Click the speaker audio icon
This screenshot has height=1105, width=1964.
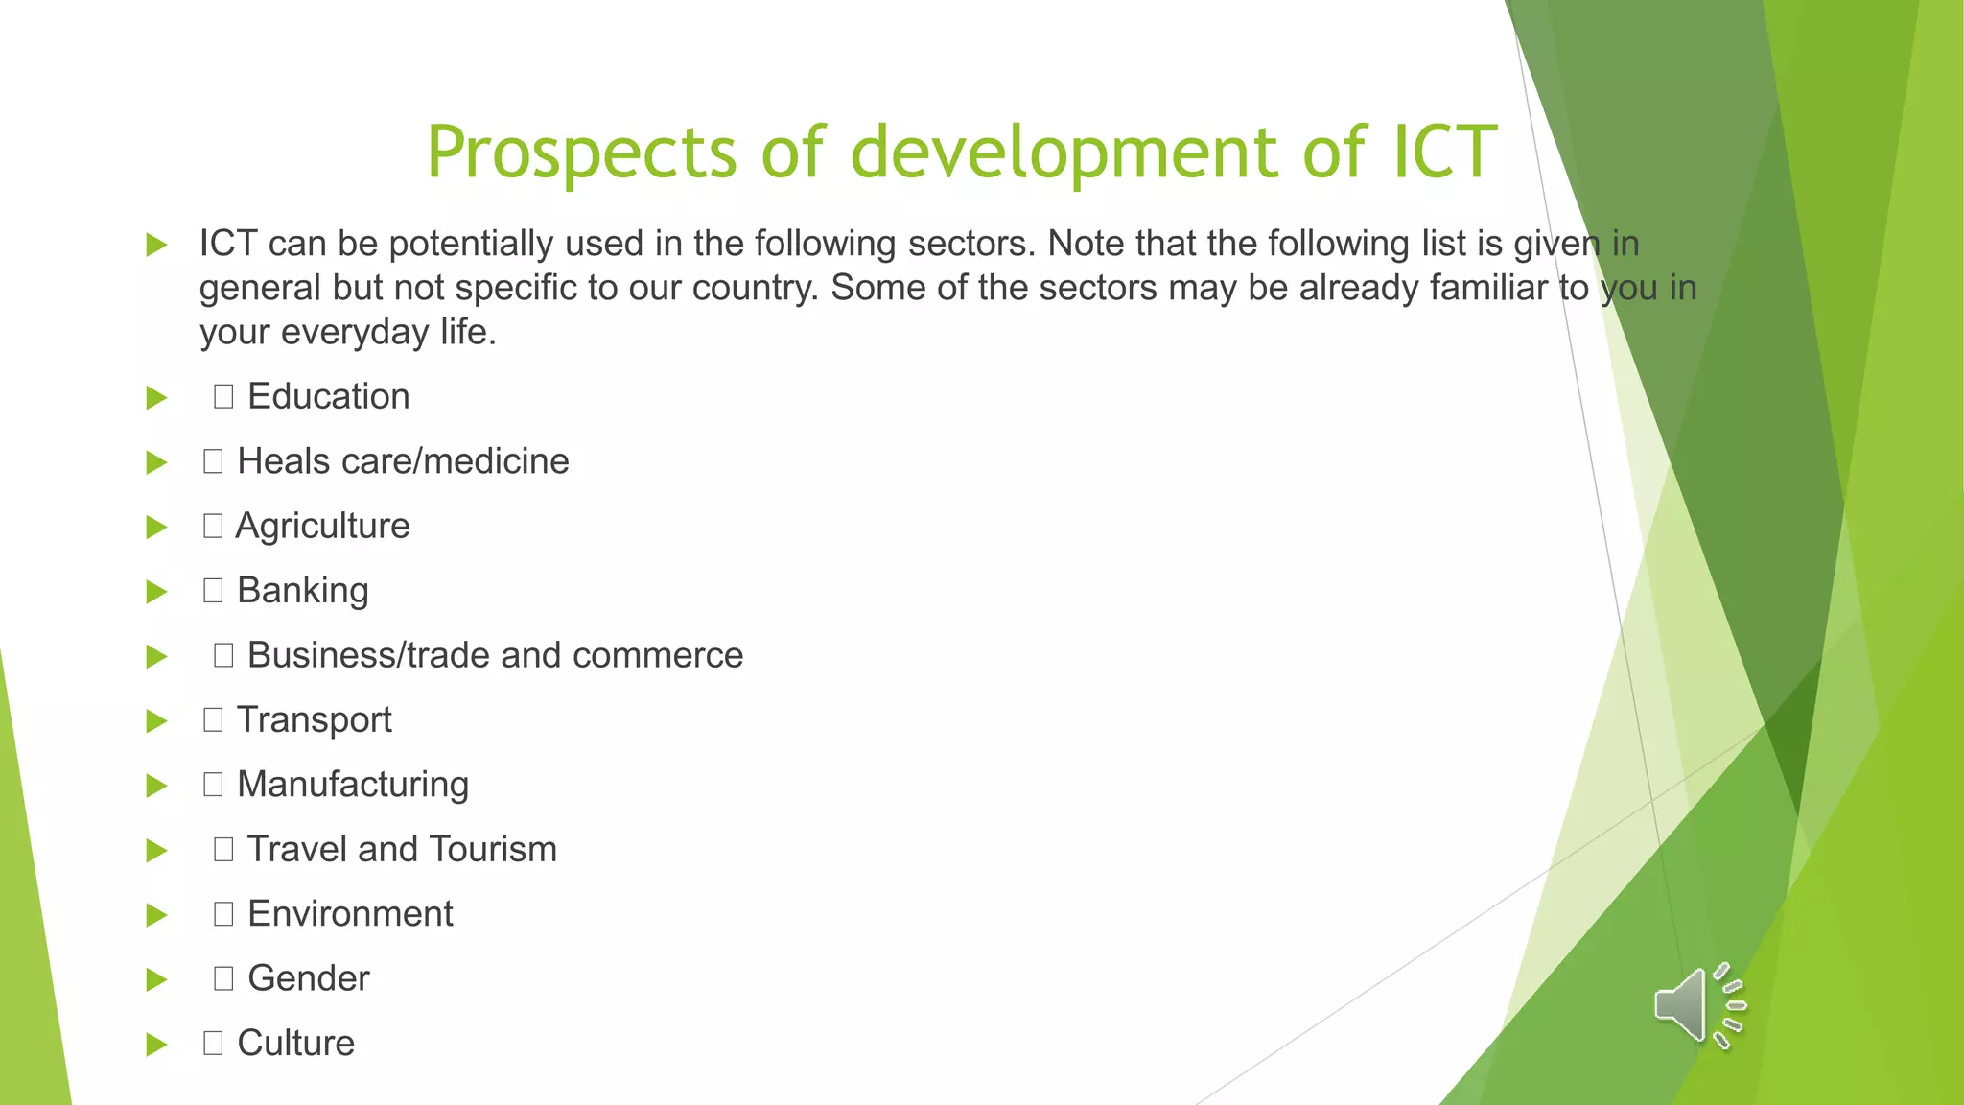coord(1697,1005)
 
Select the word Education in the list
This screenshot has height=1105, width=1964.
coord(328,396)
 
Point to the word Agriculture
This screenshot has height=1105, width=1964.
coord(322,527)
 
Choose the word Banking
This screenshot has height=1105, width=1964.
coord(302,591)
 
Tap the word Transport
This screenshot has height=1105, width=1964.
coord(314,719)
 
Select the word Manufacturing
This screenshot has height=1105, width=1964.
coord(353,785)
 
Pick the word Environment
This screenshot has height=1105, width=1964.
coord(350,914)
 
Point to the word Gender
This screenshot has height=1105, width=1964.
coord(308,978)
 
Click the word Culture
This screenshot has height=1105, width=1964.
coord(295,1043)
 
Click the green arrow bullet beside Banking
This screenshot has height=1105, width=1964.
coord(156,592)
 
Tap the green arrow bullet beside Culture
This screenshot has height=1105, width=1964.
coord(156,1045)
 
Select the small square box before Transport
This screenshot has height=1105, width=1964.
coord(213,719)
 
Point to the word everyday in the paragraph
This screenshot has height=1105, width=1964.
coord(355,332)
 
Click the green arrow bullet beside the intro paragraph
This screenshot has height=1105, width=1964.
coord(156,246)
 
